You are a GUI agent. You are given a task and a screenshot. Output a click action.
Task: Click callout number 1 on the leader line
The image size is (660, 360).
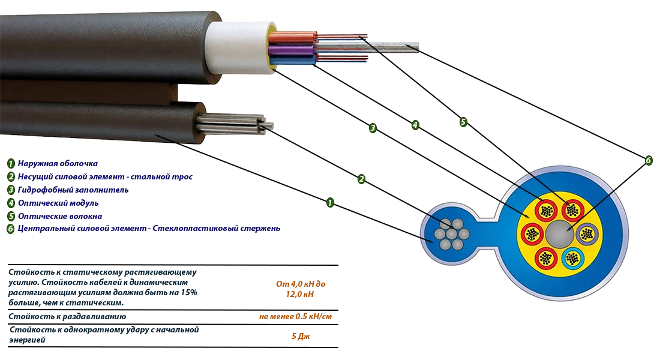[x=330, y=203]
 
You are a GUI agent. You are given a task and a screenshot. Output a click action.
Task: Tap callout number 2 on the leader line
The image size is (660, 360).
[x=361, y=179]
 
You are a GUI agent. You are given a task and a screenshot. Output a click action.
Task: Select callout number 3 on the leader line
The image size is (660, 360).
[x=373, y=128]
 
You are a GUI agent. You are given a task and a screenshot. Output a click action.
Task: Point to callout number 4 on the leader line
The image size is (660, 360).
[x=415, y=125]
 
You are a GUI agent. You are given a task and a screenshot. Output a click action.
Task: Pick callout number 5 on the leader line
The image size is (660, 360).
[x=463, y=122]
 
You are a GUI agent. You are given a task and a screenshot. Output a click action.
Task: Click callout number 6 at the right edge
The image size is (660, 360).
[x=648, y=160]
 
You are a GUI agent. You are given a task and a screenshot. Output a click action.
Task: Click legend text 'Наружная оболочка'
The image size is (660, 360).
[x=58, y=163]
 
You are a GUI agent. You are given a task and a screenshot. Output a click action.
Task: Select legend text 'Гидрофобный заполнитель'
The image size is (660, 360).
[x=73, y=190]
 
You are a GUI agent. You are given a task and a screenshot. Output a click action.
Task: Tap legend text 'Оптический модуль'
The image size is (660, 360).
[x=58, y=203]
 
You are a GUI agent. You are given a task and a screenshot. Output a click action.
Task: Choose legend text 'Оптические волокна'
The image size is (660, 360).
[x=60, y=216]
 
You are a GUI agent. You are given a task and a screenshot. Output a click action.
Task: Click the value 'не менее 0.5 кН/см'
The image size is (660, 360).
[x=295, y=316]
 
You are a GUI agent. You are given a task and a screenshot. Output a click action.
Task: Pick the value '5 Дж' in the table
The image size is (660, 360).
[x=301, y=336]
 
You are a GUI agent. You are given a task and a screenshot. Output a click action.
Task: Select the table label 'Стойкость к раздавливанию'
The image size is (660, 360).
[x=67, y=317]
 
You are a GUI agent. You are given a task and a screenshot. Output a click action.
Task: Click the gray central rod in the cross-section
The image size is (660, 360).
[x=559, y=233]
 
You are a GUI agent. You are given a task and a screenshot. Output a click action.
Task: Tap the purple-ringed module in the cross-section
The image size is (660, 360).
[x=587, y=233]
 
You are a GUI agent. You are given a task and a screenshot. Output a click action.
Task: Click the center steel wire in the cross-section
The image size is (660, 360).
[x=451, y=233]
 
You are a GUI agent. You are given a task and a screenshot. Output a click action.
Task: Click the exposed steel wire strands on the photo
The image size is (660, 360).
[x=233, y=125]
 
